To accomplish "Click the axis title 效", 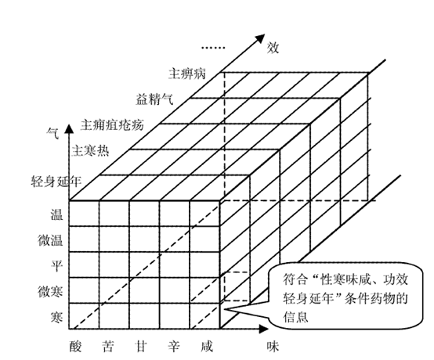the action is pyautogui.click(x=273, y=48).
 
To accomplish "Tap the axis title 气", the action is pyautogui.click(x=52, y=133).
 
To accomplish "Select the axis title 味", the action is pyautogui.click(x=273, y=347).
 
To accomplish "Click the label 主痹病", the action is pyautogui.click(x=187, y=74).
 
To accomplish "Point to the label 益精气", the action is pyautogui.click(x=154, y=99).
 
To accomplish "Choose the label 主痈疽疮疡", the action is pyautogui.click(x=112, y=124).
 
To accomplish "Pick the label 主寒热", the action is pyautogui.click(x=90, y=151).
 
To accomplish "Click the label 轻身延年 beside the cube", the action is pyautogui.click(x=56, y=182).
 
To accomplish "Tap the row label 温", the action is pyautogui.click(x=56, y=214).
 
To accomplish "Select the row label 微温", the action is pyautogui.click(x=50, y=240).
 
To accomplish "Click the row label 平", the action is pyautogui.click(x=56, y=265).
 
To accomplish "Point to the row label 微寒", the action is pyautogui.click(x=50, y=291).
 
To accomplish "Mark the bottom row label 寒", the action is pyautogui.click(x=56, y=317).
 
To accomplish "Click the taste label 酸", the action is pyautogui.click(x=75, y=347).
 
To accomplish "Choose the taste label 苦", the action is pyautogui.click(x=107, y=347).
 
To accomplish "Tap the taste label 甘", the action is pyautogui.click(x=140, y=347).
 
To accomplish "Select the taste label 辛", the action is pyautogui.click(x=174, y=347).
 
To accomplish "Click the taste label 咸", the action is pyautogui.click(x=207, y=347).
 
